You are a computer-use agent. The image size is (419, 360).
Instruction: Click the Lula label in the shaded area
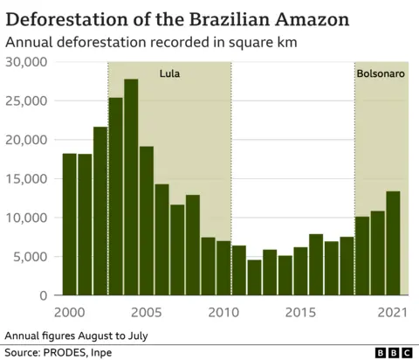click(169, 74)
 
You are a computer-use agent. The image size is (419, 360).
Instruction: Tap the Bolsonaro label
click(380, 74)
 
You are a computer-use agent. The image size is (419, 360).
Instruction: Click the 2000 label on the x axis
click(69, 312)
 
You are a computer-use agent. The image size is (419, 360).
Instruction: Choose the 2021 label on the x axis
click(393, 312)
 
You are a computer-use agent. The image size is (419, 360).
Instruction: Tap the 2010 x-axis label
click(223, 312)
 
